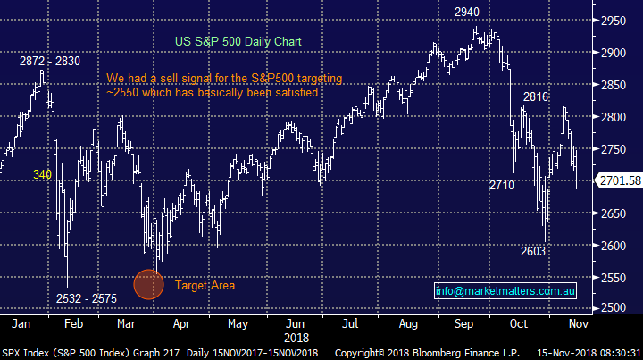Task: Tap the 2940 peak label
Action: [x=466, y=12]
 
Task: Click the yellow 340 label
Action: [x=43, y=175]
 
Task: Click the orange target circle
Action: [x=149, y=284]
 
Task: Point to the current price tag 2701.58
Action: [x=620, y=180]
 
